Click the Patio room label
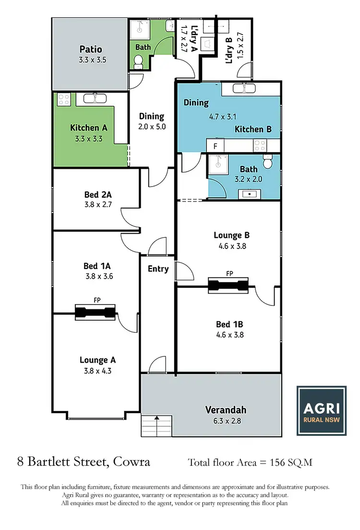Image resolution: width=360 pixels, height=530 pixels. coord(91,49)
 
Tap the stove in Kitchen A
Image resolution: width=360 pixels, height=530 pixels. coord(64,99)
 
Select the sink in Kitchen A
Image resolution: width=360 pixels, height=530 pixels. coord(95,99)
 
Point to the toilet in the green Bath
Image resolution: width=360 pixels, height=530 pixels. coord(138,60)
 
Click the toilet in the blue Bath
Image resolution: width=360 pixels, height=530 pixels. coord(268,162)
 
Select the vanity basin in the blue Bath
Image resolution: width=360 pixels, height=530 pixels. coord(250,194)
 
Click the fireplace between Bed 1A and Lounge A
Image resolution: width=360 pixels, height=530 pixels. coord(96,312)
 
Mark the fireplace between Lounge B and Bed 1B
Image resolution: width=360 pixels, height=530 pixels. coord(229,285)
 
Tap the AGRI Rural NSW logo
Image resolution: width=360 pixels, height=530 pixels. coord(321,411)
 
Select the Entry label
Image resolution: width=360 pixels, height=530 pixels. coord(158,269)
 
